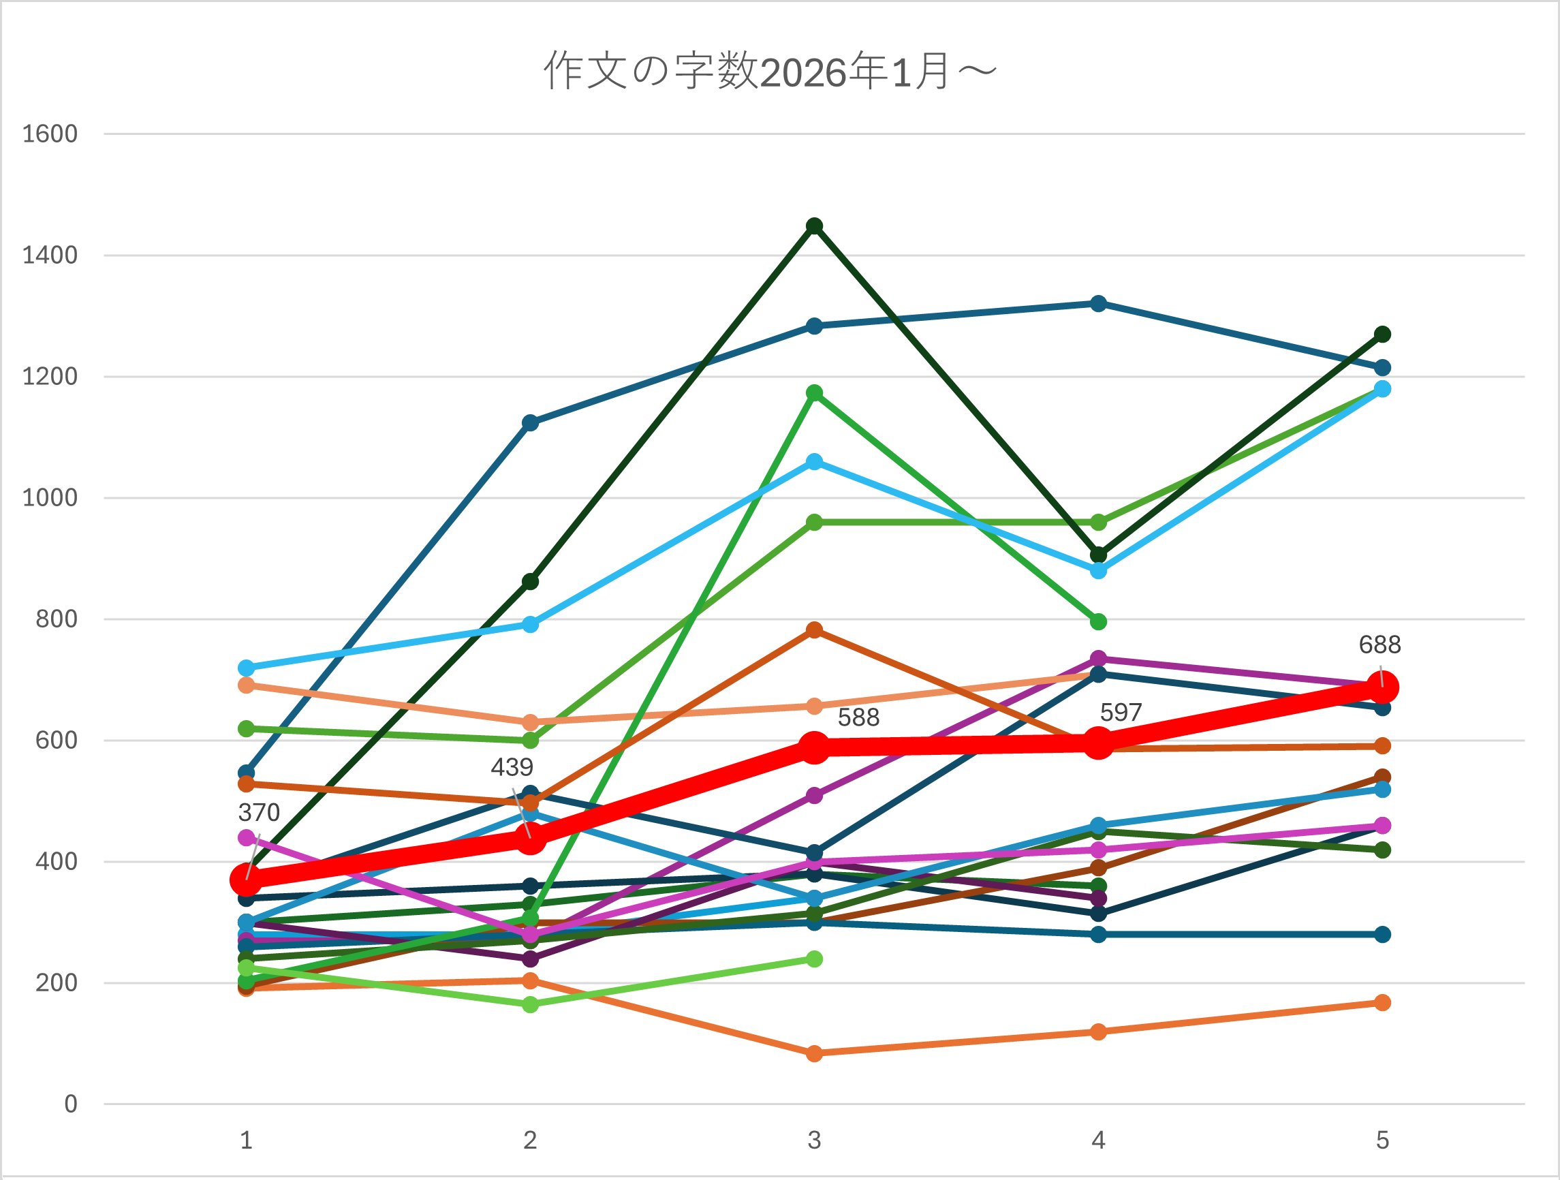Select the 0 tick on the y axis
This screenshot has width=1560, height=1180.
pos(71,1104)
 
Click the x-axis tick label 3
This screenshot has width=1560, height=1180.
pos(814,1140)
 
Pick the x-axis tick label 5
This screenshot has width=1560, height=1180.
pos(1382,1140)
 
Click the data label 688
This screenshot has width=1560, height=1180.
pos(1379,645)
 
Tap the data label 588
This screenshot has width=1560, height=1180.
pos(858,718)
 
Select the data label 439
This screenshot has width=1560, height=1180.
pos(512,767)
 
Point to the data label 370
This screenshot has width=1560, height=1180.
pos(259,813)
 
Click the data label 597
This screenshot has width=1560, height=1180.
pos(1121,713)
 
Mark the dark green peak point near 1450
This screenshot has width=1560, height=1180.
pos(815,226)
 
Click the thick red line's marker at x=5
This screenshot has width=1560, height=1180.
pos(1382,687)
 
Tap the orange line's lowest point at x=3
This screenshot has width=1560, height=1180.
pos(815,1053)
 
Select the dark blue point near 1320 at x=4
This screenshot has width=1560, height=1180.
pos(1098,304)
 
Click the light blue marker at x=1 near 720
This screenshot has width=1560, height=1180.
pos(246,668)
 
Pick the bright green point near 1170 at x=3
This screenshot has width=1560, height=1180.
pos(815,393)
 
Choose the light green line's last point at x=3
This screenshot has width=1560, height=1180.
pos(815,959)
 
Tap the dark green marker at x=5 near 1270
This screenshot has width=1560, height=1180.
pos(1382,335)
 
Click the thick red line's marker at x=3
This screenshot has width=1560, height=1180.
pos(815,747)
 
